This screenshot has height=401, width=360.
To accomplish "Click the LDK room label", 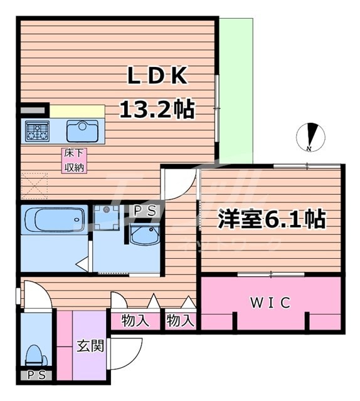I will tap(157, 76).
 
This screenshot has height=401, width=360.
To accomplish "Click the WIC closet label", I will tap(271, 303).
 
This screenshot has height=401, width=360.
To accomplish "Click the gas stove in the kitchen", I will tap(36, 131).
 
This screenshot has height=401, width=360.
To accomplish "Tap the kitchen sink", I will tap(82, 131).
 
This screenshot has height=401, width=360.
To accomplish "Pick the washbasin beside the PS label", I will tap(145, 237).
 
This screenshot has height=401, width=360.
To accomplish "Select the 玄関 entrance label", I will tap(90, 346).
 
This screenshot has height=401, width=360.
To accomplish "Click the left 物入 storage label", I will tap(135, 321).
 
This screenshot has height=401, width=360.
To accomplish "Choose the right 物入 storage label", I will tap(181, 321).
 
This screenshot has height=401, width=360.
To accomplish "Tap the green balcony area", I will tap(236, 88).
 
